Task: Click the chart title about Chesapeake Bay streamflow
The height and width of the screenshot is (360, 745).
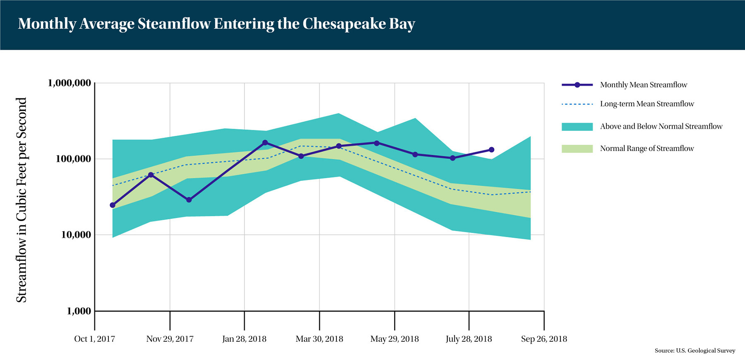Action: click(216, 24)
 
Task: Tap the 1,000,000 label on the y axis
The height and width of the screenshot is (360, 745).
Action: click(70, 83)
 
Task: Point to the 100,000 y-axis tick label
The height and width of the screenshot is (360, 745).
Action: click(74, 159)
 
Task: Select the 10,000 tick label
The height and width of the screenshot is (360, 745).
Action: click(76, 235)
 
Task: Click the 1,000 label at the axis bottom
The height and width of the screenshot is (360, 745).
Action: click(79, 311)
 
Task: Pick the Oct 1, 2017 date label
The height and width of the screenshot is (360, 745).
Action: click(94, 339)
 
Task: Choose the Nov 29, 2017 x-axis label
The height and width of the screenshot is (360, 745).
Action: click(170, 339)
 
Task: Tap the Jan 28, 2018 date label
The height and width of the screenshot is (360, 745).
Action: click(244, 339)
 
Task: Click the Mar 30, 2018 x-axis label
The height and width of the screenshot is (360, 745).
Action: click(320, 339)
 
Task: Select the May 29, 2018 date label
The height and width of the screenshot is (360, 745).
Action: click(394, 339)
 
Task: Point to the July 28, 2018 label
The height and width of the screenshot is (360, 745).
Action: click(469, 339)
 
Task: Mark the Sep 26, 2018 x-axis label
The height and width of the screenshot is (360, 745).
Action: click(544, 339)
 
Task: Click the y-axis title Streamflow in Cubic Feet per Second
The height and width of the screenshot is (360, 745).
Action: click(22, 200)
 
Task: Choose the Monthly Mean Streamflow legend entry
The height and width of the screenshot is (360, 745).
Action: click(644, 85)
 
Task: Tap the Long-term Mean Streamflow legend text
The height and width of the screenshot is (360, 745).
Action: click(647, 104)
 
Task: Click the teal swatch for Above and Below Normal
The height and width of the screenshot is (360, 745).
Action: click(577, 127)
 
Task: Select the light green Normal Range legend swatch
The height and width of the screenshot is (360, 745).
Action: click(577, 149)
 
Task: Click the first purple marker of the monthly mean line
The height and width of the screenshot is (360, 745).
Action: click(113, 205)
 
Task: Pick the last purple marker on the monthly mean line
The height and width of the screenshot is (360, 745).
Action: click(492, 150)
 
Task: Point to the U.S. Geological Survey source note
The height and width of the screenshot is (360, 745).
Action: click(695, 350)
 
